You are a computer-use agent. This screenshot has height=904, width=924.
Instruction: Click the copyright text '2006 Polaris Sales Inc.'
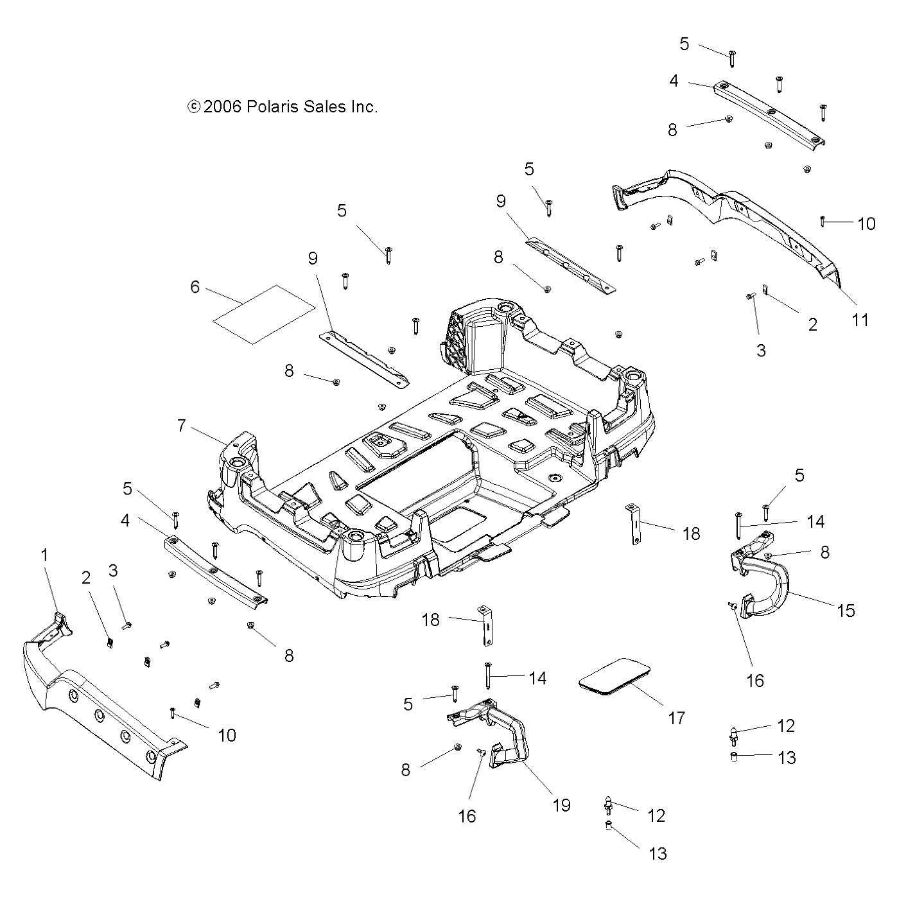click(283, 107)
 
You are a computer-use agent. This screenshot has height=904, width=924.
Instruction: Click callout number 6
click(195, 287)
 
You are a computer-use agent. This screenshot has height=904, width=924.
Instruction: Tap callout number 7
click(182, 426)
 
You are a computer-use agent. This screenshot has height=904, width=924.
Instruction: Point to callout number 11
click(860, 320)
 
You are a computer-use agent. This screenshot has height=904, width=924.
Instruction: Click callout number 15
click(847, 611)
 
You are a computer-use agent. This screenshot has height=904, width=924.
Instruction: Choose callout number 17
click(677, 718)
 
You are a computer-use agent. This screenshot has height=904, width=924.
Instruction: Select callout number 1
click(44, 555)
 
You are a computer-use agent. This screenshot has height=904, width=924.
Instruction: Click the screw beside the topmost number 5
click(732, 58)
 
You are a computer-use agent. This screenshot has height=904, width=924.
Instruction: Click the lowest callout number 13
click(658, 853)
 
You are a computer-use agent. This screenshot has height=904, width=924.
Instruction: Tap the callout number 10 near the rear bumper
click(866, 223)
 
